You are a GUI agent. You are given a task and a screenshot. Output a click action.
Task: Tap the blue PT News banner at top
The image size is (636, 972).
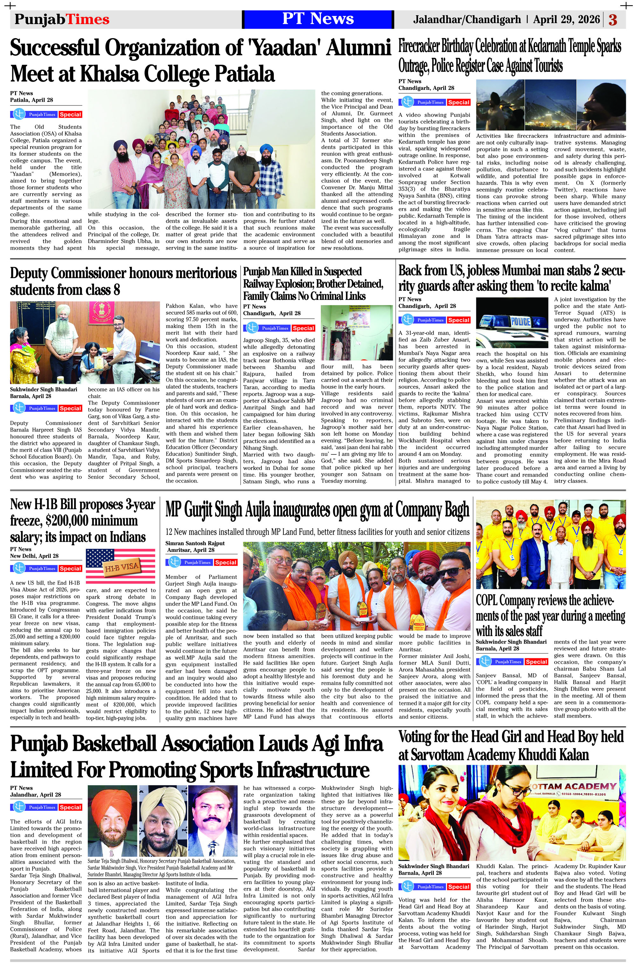[318, 19]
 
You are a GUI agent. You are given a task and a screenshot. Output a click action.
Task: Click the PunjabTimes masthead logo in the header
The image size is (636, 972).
[62, 19]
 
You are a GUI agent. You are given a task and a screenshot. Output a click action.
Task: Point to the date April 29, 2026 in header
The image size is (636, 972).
[566, 19]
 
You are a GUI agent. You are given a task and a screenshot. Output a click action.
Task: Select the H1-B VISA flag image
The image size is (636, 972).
[121, 566]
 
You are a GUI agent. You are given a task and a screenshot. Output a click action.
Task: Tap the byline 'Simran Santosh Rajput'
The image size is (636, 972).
[195, 543]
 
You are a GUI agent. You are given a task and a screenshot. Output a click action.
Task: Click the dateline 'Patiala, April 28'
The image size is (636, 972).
[31, 100]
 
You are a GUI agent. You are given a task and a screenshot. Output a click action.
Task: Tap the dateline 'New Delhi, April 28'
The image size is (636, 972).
[34, 556]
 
